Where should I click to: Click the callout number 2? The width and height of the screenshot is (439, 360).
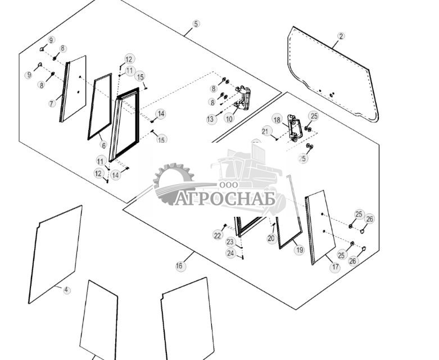pyautogui.click(x=341, y=36)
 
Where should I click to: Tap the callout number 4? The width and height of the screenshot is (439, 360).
pyautogui.click(x=66, y=290)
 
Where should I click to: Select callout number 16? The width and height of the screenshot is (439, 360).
pyautogui.click(x=179, y=266)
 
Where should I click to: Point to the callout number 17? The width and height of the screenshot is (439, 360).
pyautogui.click(x=336, y=267)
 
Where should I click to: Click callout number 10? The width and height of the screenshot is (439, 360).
pyautogui.click(x=229, y=119)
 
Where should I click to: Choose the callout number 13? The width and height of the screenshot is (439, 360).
pyautogui.click(x=211, y=119)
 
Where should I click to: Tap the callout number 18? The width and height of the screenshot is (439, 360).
pyautogui.click(x=277, y=120)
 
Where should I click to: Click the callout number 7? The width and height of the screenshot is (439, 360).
pyautogui.click(x=52, y=103)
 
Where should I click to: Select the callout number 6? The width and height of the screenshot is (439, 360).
pyautogui.click(x=103, y=145)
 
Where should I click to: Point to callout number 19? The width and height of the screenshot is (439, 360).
pyautogui.click(x=299, y=249)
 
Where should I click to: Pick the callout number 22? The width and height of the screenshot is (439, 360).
pyautogui.click(x=218, y=236)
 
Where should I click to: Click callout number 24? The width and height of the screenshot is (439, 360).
pyautogui.click(x=230, y=253)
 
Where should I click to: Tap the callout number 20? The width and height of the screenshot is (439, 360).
pyautogui.click(x=271, y=239)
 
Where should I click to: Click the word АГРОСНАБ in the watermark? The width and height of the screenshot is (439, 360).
pyautogui.click(x=225, y=199)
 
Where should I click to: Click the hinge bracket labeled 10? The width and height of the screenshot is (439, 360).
pyautogui.click(x=243, y=98)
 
